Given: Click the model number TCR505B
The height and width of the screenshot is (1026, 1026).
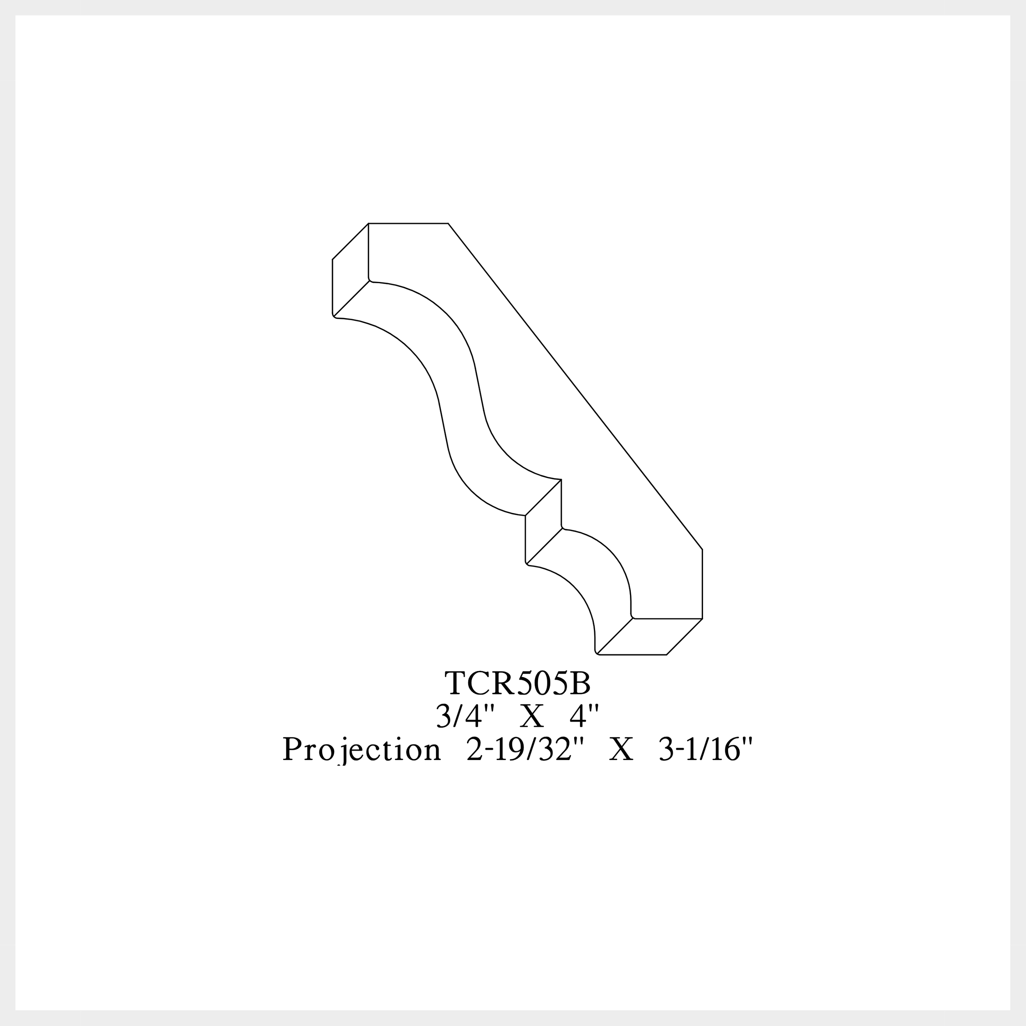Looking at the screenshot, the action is pyautogui.click(x=517, y=683).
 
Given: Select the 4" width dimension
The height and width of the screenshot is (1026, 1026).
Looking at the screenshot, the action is pyautogui.click(x=584, y=717).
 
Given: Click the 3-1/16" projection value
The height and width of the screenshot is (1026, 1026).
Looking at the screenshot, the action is pyautogui.click(x=705, y=749).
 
